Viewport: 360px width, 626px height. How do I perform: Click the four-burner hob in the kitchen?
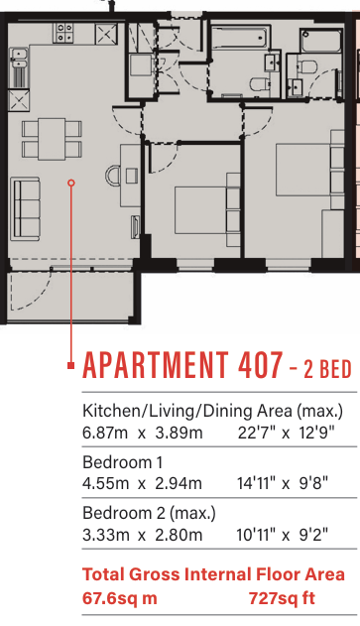point(64,33)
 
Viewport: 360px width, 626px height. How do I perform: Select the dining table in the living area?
point(52,139)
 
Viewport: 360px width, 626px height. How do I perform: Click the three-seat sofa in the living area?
point(26,209)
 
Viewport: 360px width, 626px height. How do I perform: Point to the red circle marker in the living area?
point(71,183)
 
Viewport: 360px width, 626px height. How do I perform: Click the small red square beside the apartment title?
point(71,365)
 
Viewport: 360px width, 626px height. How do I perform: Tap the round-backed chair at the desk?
point(113,176)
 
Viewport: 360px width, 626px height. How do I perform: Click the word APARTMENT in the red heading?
point(156,365)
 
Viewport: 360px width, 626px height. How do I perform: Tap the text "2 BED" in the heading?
point(327,369)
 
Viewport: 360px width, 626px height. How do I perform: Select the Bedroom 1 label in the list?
point(123,462)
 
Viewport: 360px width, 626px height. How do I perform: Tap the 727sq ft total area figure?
point(282,598)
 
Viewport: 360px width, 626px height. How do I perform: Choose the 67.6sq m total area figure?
point(119,598)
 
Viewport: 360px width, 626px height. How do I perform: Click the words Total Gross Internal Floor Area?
point(213,574)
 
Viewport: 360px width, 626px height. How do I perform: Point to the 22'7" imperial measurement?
point(256,433)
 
